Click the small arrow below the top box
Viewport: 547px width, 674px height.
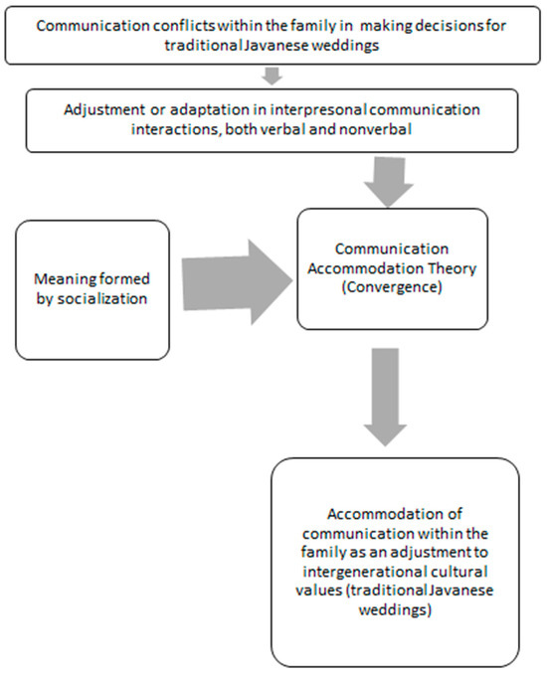pyautogui.click(x=273, y=74)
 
